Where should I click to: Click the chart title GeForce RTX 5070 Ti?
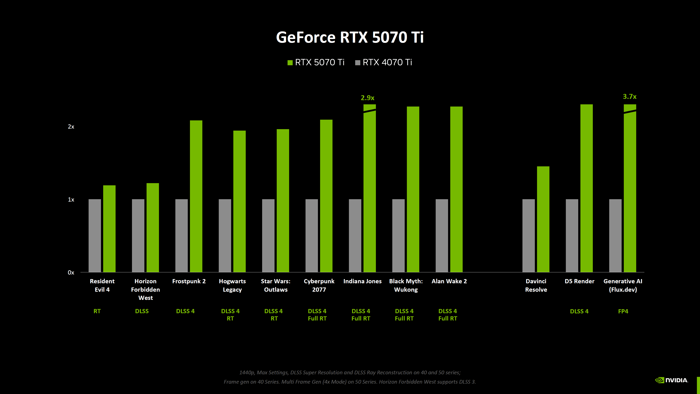350,37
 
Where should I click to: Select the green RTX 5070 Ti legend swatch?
290,63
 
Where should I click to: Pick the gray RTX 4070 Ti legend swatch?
358,63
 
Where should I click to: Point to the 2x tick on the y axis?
71,127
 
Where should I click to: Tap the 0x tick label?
71,273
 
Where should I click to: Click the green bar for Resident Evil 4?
109,228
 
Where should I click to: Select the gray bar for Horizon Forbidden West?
138,235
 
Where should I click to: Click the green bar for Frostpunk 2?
196,196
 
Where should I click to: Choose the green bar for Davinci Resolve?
543,219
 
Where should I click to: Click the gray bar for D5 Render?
572,235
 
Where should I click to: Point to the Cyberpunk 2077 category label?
319,285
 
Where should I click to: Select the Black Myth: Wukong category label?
406,285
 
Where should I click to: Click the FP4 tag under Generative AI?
623,311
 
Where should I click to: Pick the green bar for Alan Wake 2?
456,189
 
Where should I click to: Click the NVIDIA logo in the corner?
671,380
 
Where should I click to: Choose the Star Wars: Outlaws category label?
276,285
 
